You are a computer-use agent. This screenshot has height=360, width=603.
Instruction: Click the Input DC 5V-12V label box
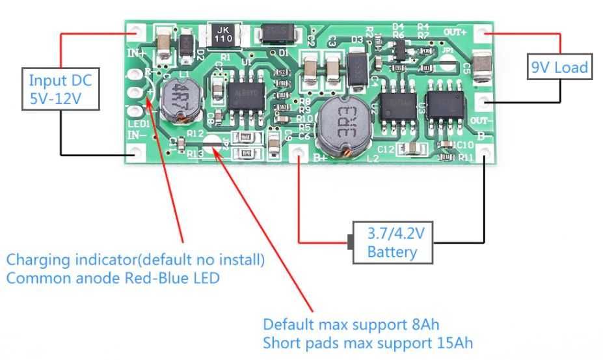coord(60,90)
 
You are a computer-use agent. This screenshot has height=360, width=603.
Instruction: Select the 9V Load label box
coord(559,67)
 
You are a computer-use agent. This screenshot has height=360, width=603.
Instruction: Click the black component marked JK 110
coord(222,34)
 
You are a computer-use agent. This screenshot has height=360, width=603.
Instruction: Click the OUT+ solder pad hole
coord(483,32)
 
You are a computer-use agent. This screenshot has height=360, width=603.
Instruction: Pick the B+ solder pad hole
coord(299,152)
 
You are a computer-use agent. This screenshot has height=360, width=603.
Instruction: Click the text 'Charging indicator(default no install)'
coord(135,260)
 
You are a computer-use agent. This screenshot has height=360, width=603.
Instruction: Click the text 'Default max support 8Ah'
coord(356,324)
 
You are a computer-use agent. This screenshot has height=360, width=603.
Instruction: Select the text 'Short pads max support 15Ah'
coord(368,342)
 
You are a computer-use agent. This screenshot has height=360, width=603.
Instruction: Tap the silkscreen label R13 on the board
coord(195,154)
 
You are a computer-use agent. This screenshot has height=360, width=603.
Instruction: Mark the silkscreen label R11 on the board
coord(465,157)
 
